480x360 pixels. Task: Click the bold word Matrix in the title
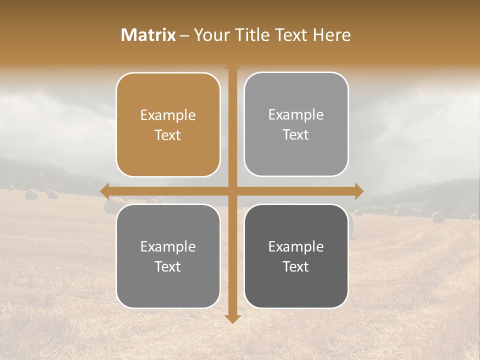pyautogui.click(x=148, y=35)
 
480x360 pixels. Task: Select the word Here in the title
pyautogui.click(x=332, y=35)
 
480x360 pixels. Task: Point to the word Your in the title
pyautogui.click(x=210, y=35)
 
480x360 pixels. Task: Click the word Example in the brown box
pyautogui.click(x=168, y=115)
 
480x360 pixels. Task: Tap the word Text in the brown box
pyautogui.click(x=168, y=135)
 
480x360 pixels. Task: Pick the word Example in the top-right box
pyautogui.click(x=296, y=115)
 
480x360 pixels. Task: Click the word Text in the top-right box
pyautogui.click(x=296, y=135)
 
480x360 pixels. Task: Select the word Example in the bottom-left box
pyautogui.click(x=168, y=247)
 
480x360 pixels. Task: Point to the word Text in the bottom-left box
pyautogui.click(x=168, y=267)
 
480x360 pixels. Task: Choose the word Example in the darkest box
pyautogui.click(x=296, y=247)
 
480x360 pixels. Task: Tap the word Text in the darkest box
pyautogui.click(x=296, y=267)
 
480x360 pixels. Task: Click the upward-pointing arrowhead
pyautogui.click(x=232, y=65)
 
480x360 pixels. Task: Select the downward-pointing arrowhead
pyautogui.click(x=232, y=319)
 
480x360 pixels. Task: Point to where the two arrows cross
pyautogui.click(x=232, y=191)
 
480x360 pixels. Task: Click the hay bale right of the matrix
pyautogui.click(x=438, y=217)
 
